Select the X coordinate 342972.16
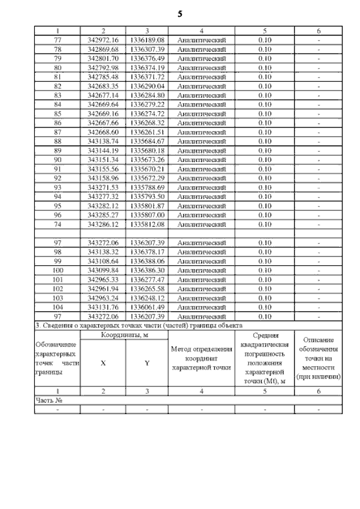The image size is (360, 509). [x=103, y=40]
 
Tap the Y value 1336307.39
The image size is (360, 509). [x=147, y=49]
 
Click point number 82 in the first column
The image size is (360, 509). [x=57, y=86]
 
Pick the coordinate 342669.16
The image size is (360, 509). [x=103, y=114]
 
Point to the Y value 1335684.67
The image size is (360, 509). [x=147, y=141]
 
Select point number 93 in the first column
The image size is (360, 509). [x=57, y=187]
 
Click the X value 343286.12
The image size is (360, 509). [x=103, y=224]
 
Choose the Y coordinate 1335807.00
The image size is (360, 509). [x=147, y=215]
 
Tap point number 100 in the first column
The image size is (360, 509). [x=57, y=270]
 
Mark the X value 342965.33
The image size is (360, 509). [x=103, y=280]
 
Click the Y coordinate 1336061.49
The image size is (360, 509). [x=147, y=307]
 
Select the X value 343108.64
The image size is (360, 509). [x=103, y=261]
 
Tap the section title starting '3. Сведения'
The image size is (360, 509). [x=138, y=326]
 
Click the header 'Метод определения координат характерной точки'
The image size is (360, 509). [x=201, y=358]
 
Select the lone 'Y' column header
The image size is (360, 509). [x=147, y=363]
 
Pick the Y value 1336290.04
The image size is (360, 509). [x=147, y=86]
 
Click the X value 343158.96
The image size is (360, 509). [x=103, y=178]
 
